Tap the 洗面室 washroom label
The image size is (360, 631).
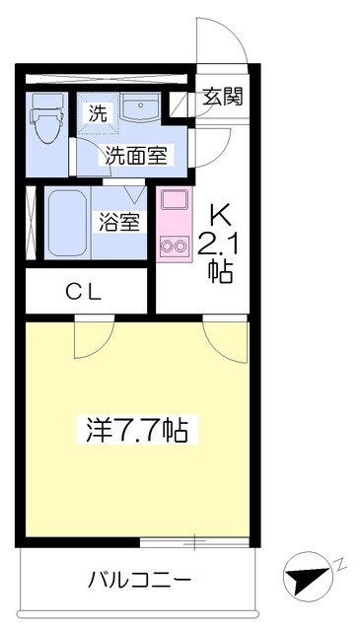(136, 154)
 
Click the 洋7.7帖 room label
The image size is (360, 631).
(138, 430)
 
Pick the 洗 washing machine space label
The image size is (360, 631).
(98, 113)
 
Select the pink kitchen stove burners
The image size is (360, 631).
(175, 243)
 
